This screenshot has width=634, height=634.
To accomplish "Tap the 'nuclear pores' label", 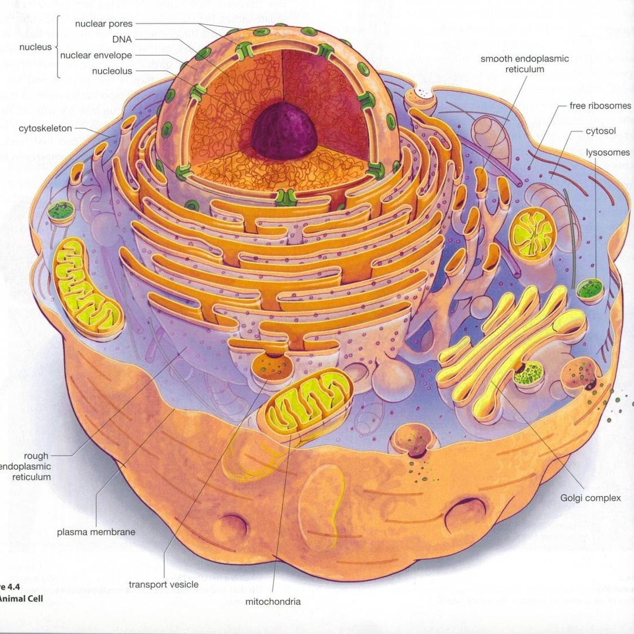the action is click(104, 24).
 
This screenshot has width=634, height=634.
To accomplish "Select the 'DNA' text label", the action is click(122, 40).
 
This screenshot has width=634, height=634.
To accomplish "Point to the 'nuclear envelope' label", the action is click(96, 56).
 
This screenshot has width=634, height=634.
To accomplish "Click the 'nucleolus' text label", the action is click(112, 72).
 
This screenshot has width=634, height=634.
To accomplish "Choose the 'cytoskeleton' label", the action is click(45, 128).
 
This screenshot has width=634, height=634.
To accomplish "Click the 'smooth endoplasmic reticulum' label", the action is click(525, 64).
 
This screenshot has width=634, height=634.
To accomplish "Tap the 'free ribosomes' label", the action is click(601, 106).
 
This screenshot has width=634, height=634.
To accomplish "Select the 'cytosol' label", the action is click(601, 131).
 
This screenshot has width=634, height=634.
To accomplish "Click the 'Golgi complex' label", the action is click(591, 498).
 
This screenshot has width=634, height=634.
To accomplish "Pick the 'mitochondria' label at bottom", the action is click(273, 602).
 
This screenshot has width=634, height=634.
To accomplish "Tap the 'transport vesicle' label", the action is click(164, 584).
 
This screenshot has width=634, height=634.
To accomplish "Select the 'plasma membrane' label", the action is click(96, 532).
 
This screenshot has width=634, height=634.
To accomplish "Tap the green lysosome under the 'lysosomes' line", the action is click(589, 289).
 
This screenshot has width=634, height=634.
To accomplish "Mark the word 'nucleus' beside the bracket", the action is click(36, 48).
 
